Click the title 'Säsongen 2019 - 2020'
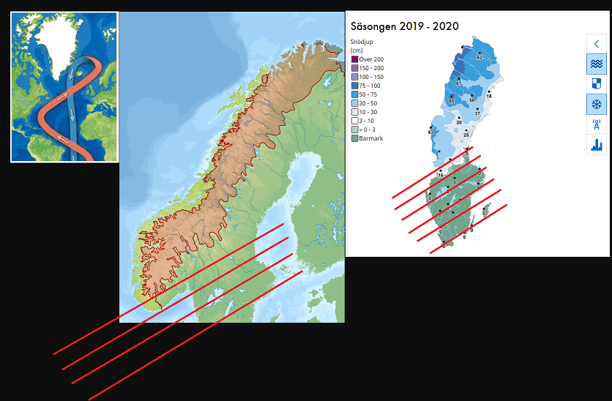coord(405,26)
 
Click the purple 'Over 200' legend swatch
coord(354,59)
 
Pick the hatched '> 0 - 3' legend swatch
coord(354,130)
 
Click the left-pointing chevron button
coord(597,44)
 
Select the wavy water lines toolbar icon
coord(597,64)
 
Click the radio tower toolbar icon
coord(597,124)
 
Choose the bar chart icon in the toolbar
coord(597,145)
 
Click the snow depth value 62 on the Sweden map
coord(479,56)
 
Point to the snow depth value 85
coord(452,101)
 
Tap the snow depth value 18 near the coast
coord(489,96)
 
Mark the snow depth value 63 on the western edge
coord(430,132)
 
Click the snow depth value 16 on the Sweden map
coord(441,175)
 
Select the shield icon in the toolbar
coord(597,84)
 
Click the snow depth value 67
coord(458,83)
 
